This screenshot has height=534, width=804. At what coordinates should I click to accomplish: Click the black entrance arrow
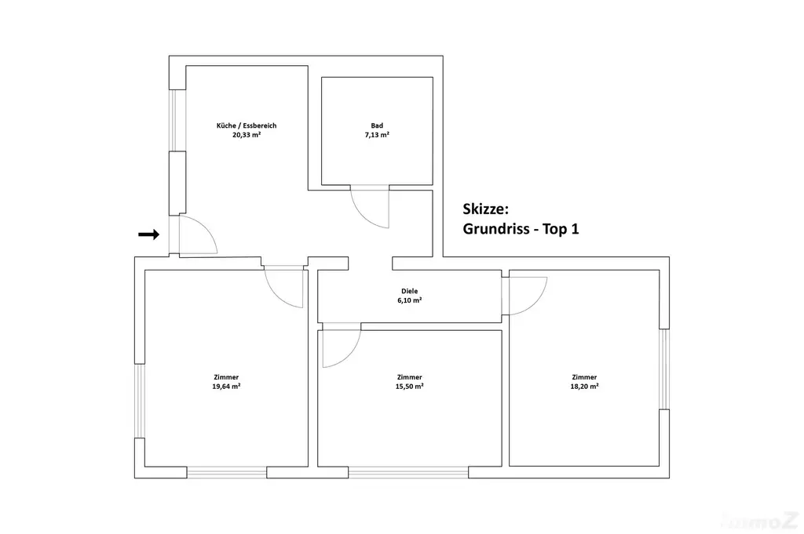[x=148, y=234]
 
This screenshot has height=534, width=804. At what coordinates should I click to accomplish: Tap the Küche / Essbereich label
[x=247, y=125]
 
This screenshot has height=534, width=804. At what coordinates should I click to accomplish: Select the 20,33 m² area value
[x=247, y=135]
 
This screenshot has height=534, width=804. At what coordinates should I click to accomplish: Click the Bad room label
[x=377, y=125]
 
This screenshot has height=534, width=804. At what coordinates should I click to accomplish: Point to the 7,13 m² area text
[x=377, y=135]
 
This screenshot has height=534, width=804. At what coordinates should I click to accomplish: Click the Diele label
[x=410, y=292]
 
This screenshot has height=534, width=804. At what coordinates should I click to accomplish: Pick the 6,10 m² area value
[x=410, y=300]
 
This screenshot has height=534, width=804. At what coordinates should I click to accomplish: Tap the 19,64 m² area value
[x=227, y=387]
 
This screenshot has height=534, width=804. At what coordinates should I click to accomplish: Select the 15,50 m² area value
[x=409, y=387]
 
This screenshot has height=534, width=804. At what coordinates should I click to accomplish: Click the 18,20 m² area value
[x=584, y=387]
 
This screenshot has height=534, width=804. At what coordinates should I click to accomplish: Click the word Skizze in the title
[x=485, y=209]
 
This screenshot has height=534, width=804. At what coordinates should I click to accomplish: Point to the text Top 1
[x=561, y=229]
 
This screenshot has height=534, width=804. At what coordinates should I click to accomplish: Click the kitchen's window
[x=174, y=120]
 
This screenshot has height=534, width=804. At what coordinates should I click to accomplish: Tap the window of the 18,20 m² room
[x=664, y=369]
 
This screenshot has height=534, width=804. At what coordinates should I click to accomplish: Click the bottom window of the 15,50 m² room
[x=408, y=472]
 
